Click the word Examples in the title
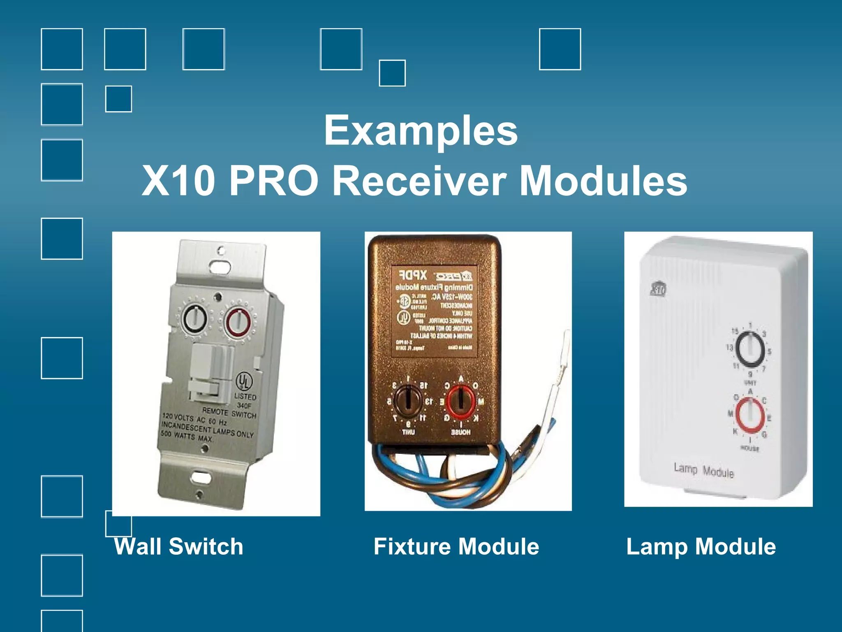coord(421,131)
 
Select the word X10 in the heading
coord(178,181)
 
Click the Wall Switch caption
coord(179,546)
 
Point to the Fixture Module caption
coord(456,546)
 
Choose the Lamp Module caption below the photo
coord(701,546)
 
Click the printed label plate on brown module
coord(434,311)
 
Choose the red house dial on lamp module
coord(750,416)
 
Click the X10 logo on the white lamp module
coord(658,289)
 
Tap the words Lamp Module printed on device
coord(703,470)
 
